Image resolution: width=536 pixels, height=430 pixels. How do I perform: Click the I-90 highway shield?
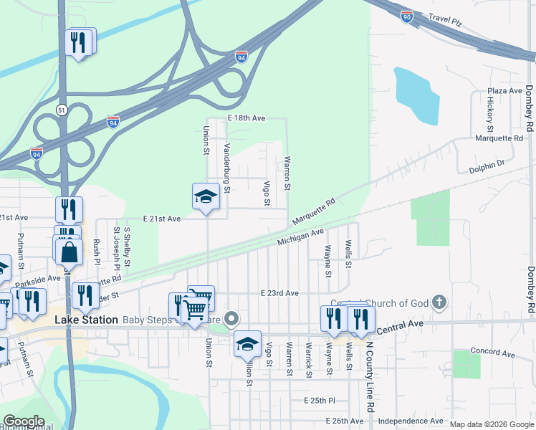(x=406, y=16)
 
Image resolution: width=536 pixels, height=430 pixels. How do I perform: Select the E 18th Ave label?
(x=247, y=118)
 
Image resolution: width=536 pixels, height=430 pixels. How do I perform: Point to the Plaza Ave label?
(x=504, y=91)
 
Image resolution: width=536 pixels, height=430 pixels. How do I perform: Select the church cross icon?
(x=441, y=303)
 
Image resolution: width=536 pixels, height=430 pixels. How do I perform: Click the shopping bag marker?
(x=70, y=252)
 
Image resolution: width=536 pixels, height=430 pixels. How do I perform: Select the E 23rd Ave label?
(x=279, y=293)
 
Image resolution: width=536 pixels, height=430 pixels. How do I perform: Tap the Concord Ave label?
(x=493, y=354)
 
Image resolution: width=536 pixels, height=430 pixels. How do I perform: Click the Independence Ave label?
(x=411, y=421)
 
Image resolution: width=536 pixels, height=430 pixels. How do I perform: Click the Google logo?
(x=24, y=421)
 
